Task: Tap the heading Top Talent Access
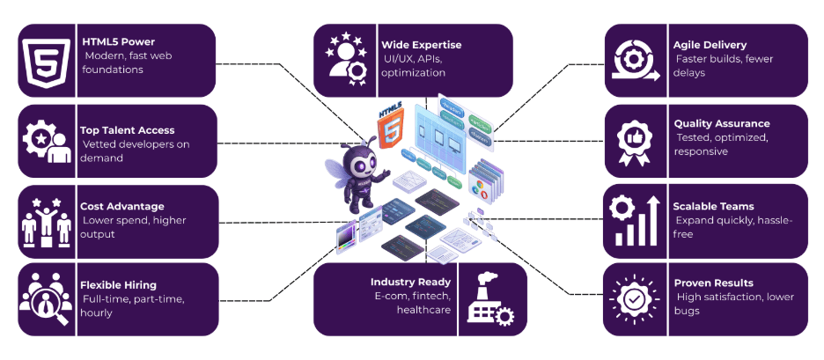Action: click(x=127, y=130)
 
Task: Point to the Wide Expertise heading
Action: click(x=421, y=45)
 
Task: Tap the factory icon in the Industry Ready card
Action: click(x=490, y=299)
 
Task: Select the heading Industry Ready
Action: click(x=410, y=283)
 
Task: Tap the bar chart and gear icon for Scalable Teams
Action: click(x=633, y=221)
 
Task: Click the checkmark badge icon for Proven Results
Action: click(x=633, y=299)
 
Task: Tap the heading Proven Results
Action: click(x=713, y=283)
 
